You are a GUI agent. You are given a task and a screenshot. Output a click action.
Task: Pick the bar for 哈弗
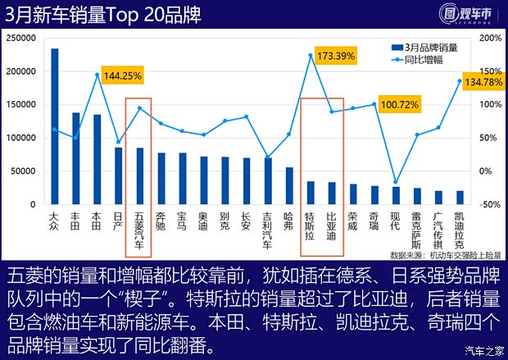pos(289,185)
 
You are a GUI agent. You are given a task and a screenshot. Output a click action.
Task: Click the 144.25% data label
pos(123,75)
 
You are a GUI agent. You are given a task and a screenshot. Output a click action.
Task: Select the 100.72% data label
pos(400,105)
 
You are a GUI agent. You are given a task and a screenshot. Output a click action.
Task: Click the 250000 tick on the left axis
pos(20,38)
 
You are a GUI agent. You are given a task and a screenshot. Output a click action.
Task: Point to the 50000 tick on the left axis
pos(23,171)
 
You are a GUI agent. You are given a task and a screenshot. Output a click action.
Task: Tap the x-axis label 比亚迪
pos(332,226)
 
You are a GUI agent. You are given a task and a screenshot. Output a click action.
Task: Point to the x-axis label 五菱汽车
pos(139,229)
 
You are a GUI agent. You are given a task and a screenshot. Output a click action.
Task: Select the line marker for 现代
pos(396,182)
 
